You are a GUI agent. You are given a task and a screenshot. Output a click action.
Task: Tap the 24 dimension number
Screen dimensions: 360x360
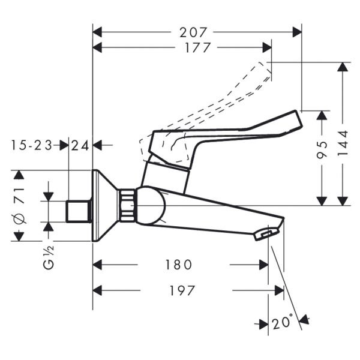(80, 145)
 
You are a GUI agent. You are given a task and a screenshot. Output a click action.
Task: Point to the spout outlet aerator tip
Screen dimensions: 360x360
(266, 234)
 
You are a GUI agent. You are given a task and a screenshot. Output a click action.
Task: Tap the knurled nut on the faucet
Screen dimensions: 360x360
(127, 206)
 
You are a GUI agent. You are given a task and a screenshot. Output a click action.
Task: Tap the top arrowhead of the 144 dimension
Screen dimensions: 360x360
(343, 67)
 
